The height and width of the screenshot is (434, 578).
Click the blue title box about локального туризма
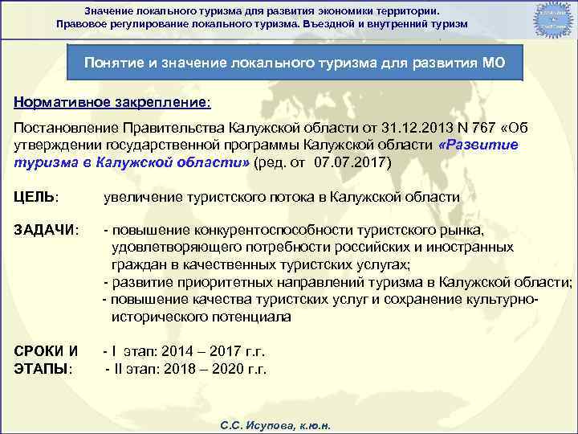click(294, 63)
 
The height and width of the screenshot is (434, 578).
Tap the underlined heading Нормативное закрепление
click(112, 104)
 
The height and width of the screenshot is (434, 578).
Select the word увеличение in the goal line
click(145, 197)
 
